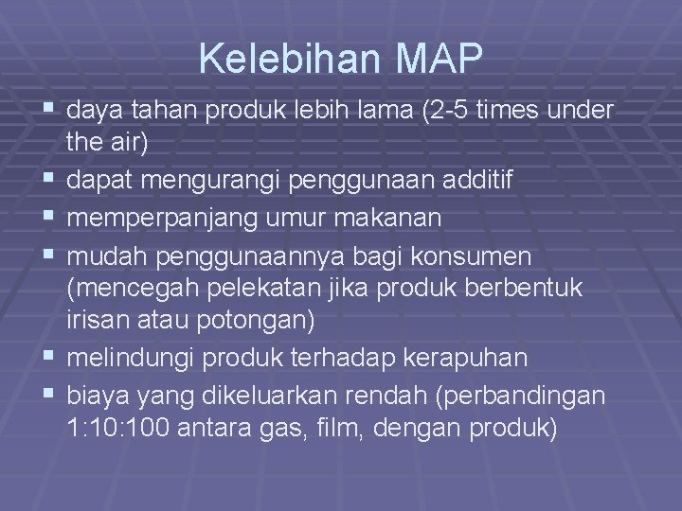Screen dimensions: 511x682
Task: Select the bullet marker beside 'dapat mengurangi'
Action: point(50,181)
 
